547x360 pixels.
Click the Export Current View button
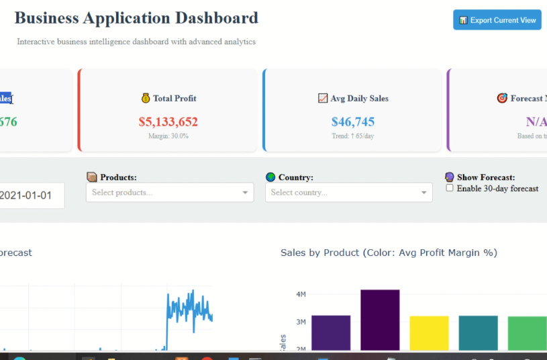click(x=497, y=20)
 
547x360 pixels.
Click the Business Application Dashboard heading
click(x=136, y=18)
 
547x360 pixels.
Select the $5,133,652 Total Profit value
click(x=168, y=122)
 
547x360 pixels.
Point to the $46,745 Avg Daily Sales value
click(x=353, y=122)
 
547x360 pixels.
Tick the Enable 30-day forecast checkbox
click(x=450, y=189)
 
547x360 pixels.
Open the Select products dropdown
click(x=170, y=193)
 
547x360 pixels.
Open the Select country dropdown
click(x=348, y=193)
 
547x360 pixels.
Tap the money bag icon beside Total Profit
click(x=146, y=98)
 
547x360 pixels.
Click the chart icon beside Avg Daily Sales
click(x=323, y=98)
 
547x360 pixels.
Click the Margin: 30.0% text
click(x=168, y=136)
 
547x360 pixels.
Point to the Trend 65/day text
click(x=353, y=136)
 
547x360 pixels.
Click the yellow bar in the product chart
click(x=429, y=332)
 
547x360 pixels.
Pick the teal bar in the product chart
click(x=478, y=332)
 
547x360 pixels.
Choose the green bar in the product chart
click(x=527, y=332)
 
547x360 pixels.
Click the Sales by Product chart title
click(x=389, y=253)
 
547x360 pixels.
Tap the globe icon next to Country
click(x=270, y=177)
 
